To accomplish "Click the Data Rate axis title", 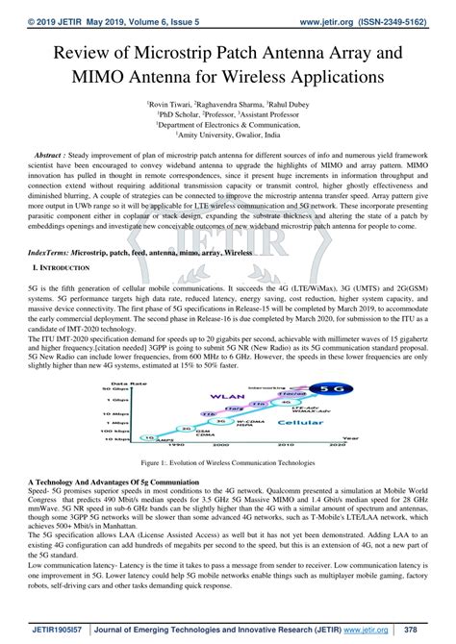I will [x=139, y=356].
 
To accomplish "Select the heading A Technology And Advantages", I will [x=112, y=481].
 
